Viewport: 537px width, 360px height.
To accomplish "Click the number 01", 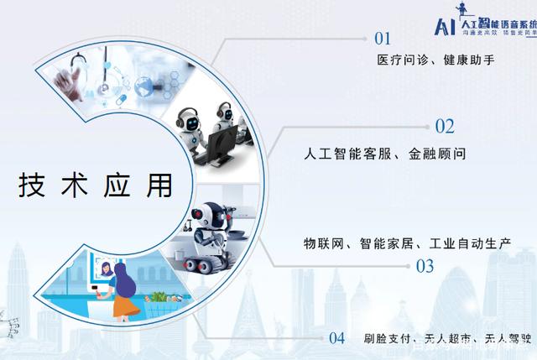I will (383, 38).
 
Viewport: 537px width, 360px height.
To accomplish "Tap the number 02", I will (444, 127).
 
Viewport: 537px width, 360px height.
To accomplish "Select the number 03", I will (425, 267).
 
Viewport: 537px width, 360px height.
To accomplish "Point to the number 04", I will (336, 339).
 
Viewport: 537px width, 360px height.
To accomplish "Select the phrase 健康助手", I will (477, 60).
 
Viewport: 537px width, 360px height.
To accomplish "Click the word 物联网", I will (323, 244).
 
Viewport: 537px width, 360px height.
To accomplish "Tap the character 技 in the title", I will (33, 185).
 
